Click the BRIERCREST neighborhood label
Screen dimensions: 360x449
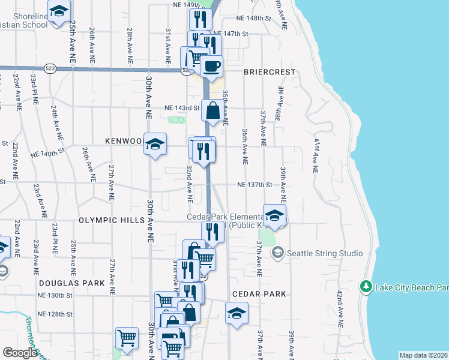click(x=270, y=72)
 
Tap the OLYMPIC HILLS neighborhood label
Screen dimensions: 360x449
click(x=111, y=220)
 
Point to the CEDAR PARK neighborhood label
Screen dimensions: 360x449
click(x=259, y=294)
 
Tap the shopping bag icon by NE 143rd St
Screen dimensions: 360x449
click(x=212, y=110)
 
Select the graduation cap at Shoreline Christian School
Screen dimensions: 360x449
click(x=59, y=11)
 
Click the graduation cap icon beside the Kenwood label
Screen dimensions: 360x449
click(x=155, y=145)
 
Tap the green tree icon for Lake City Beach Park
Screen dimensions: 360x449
click(x=366, y=287)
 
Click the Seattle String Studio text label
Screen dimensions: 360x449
click(x=325, y=253)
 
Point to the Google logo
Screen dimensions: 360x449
click(x=20, y=353)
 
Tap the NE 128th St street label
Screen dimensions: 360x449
click(x=55, y=314)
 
